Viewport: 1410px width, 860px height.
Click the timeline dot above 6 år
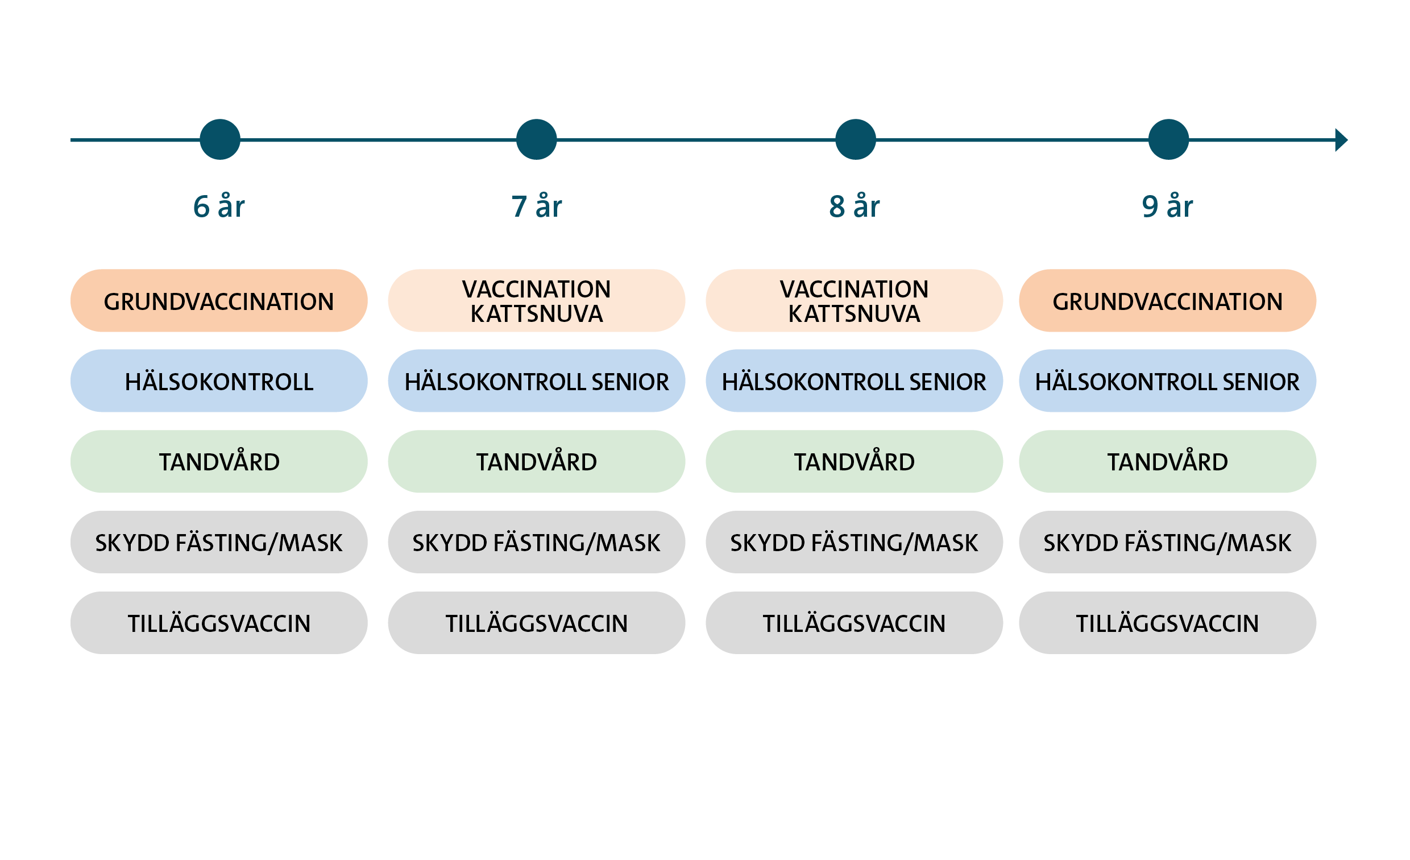click(219, 139)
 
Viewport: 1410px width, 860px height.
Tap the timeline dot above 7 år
click(536, 139)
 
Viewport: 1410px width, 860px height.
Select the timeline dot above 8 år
click(855, 139)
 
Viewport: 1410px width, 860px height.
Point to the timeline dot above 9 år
click(1168, 139)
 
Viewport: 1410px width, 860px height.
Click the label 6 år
click(218, 206)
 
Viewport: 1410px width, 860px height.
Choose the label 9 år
click(1167, 206)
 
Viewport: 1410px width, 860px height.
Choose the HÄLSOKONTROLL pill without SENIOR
click(218, 381)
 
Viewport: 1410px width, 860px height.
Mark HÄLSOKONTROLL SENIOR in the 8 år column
click(854, 381)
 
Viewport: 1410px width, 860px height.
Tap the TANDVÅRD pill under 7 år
click(536, 461)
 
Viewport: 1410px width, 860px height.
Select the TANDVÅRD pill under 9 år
click(1167, 461)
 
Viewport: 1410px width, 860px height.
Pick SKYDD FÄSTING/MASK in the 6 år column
click(218, 542)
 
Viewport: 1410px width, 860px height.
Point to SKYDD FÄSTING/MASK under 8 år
click(854, 542)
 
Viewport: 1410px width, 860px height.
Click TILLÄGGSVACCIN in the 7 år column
click(536, 623)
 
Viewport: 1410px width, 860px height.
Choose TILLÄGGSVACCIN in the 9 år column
click(1167, 623)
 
